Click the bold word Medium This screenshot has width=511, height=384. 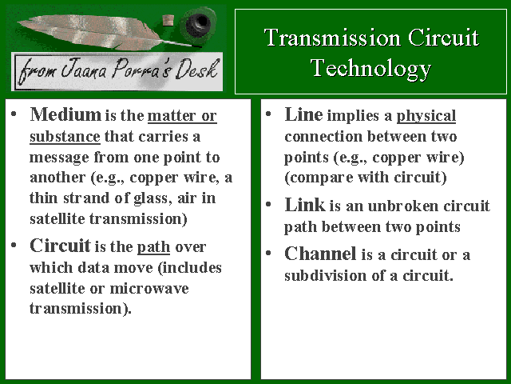point(65,114)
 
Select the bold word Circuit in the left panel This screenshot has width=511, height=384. point(60,246)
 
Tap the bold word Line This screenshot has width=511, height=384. point(303,114)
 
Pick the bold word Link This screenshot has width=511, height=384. point(304,205)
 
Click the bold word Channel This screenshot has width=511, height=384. point(320,254)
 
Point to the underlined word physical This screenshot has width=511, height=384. point(426,116)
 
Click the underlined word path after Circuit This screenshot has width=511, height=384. point(153,247)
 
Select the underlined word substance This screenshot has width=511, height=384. point(65,137)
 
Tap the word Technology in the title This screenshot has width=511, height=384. point(370,69)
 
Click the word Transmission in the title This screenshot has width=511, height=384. point(332,38)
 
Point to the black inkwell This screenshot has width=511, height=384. point(198,23)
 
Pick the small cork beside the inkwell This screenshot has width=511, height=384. point(168,20)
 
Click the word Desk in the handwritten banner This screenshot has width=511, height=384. point(196,70)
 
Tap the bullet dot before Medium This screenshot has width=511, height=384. point(14,114)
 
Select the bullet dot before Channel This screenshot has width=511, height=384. point(268,253)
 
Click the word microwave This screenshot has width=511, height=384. point(149,289)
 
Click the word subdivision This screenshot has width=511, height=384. point(326,275)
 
